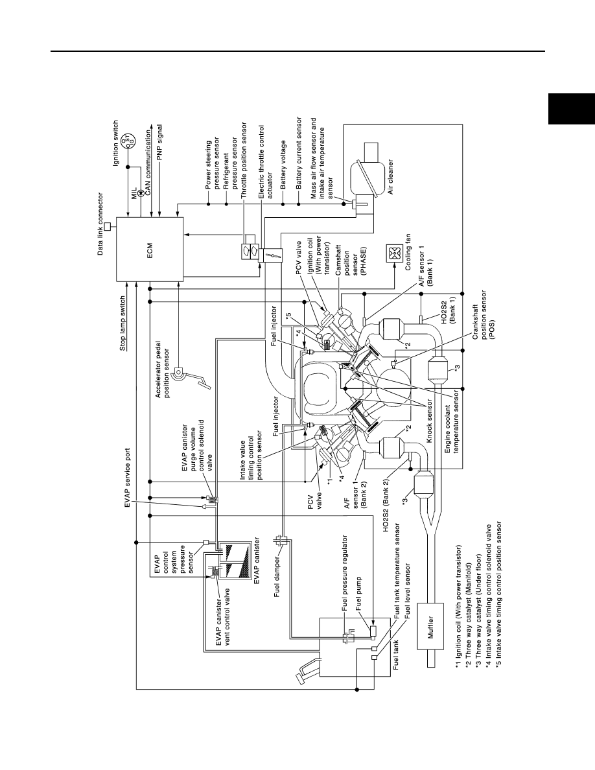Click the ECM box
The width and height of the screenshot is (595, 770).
click(x=150, y=250)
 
